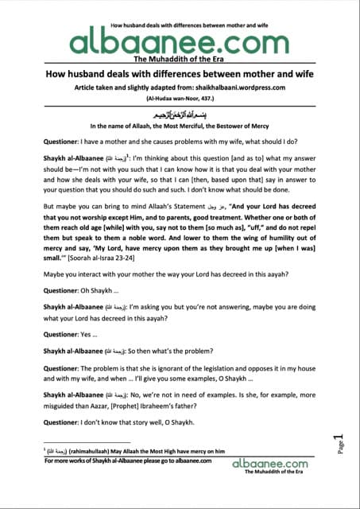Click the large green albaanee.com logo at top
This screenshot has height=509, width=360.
coord(179,42)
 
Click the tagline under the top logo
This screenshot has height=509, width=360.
coord(180,60)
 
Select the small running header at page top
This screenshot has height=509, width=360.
coord(180,6)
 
